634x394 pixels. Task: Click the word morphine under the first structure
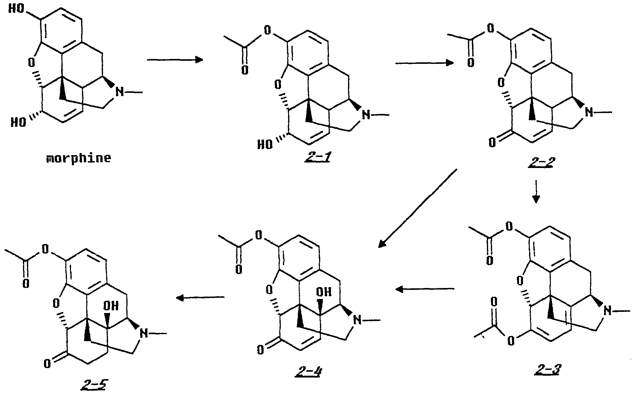[78, 159]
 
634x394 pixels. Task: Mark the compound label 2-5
[93, 386]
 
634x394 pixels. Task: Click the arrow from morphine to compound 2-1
[175, 60]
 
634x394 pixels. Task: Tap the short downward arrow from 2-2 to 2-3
[535, 192]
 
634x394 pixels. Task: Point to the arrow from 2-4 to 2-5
[200, 297]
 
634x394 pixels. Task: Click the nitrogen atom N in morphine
[120, 91]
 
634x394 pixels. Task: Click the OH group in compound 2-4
[324, 292]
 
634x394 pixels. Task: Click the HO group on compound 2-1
[265, 144]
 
